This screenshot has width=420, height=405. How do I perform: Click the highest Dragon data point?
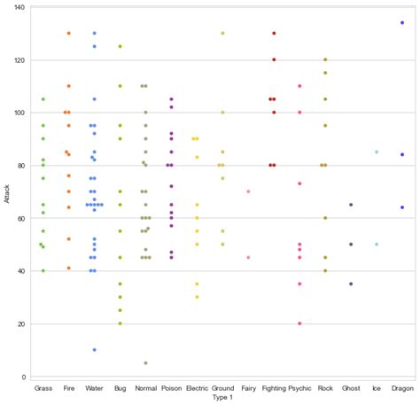tap(402, 23)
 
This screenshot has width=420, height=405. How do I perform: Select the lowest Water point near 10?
tap(95, 350)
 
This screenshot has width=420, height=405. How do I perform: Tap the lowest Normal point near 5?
tap(145, 363)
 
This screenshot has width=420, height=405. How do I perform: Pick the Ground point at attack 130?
tap(222, 33)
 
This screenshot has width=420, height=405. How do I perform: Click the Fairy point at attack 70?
tap(248, 191)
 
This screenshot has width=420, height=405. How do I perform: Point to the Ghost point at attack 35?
tap(351, 284)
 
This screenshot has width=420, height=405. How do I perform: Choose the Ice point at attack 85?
tap(377, 152)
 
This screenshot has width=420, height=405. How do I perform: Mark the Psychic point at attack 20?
tap(299, 323)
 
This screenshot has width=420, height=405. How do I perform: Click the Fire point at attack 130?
tap(69, 33)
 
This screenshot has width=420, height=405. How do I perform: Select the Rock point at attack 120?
tap(325, 59)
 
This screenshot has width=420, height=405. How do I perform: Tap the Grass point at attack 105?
tap(43, 99)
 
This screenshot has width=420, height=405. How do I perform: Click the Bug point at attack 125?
tap(121, 46)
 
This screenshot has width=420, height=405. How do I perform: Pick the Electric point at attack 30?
tap(197, 297)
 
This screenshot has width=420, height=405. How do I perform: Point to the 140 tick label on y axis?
tap(19, 7)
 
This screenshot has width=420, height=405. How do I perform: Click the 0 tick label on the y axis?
tap(24, 377)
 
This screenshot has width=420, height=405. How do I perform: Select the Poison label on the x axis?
tap(171, 388)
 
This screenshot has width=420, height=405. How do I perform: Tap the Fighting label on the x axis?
tap(274, 388)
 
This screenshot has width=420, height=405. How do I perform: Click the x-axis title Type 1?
tap(222, 398)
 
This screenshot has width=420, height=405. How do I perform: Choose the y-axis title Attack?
tap(7, 194)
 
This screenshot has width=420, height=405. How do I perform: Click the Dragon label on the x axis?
tap(402, 388)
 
